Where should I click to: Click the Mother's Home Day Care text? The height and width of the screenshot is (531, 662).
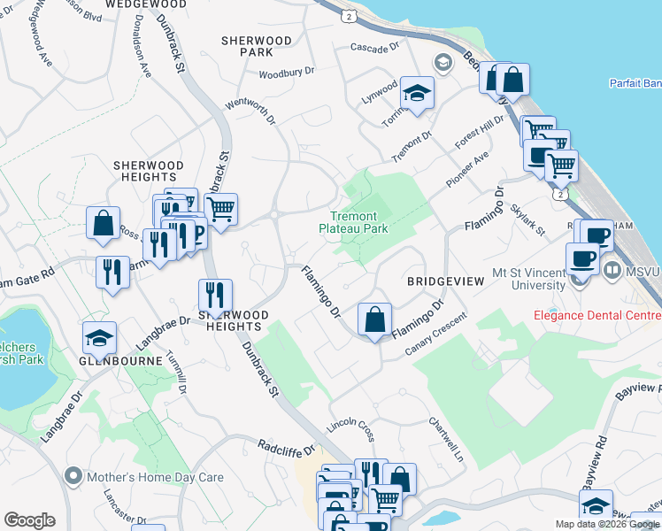point(154,477)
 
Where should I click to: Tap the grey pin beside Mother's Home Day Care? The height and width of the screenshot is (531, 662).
point(73,477)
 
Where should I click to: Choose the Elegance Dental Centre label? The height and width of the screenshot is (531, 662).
point(597,315)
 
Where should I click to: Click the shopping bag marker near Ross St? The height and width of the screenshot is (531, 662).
point(104,224)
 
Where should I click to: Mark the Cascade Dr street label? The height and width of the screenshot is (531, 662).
point(377,47)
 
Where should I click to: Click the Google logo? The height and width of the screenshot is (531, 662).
point(29,520)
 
